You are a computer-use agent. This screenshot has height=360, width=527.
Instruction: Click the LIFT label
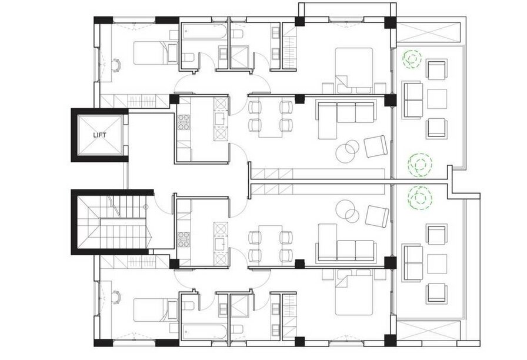(99, 135)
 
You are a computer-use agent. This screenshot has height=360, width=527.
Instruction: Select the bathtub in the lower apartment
(204, 333)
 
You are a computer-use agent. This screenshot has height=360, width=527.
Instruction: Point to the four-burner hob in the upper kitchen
(184, 122)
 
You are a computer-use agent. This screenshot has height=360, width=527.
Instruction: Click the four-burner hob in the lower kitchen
(184, 239)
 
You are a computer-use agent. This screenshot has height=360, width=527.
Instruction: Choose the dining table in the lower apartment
(270, 244)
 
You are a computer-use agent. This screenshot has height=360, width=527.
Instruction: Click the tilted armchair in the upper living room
(376, 146)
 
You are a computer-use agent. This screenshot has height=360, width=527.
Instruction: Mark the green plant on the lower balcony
(419, 198)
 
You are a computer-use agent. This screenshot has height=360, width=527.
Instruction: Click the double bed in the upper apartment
(354, 70)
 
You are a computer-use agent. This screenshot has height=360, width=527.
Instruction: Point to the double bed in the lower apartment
(354, 292)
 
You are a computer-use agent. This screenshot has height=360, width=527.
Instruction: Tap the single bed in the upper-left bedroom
(156, 53)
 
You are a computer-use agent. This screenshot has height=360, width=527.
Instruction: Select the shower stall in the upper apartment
(239, 57)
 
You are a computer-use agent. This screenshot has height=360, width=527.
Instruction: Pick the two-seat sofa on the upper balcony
(413, 100)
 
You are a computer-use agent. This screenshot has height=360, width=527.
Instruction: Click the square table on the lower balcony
(437, 264)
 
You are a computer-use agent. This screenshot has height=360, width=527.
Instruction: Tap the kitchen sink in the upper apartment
(221, 118)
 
